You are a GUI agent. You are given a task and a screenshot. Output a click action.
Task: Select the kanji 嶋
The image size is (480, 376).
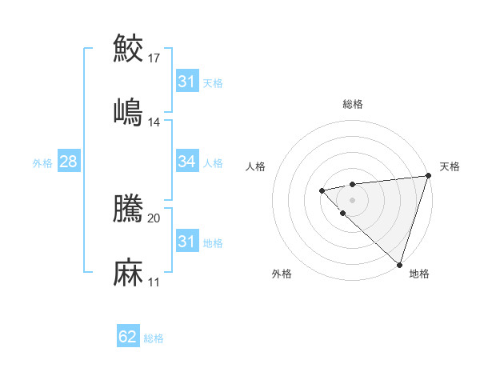coord(128,112)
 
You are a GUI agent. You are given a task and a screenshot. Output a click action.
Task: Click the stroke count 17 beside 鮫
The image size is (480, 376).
coord(154,58)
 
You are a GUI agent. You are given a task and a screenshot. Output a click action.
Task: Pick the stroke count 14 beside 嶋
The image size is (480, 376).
coord(154,122)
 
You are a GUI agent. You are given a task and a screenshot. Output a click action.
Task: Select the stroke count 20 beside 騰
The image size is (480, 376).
coord(154,217)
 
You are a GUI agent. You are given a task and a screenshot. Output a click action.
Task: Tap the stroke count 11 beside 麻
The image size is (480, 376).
coord(154,282)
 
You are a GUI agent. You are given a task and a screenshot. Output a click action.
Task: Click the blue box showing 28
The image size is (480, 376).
coord(68,162)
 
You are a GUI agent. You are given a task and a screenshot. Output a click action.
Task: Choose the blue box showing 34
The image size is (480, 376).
coord(186,162)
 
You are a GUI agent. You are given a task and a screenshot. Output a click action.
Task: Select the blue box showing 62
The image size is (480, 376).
coord(128,337)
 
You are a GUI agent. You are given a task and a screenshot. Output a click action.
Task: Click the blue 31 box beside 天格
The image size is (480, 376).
coord(186,82)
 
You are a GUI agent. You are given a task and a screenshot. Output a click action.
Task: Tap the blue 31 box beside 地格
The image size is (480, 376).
coord(186,241)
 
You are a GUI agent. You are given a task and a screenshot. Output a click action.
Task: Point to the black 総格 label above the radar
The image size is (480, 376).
coord(353,104)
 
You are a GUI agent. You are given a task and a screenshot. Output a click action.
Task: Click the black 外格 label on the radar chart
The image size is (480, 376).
coord(282,274)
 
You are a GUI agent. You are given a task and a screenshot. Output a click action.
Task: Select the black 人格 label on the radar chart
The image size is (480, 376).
coord(256,166)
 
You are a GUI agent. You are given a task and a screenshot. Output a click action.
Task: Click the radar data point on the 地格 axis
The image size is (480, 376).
coord(399,264)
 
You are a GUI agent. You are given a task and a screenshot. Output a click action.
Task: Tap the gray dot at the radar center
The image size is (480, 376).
coord(352,199)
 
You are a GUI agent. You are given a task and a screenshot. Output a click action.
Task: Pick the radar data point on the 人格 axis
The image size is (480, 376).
coord(322,190)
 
